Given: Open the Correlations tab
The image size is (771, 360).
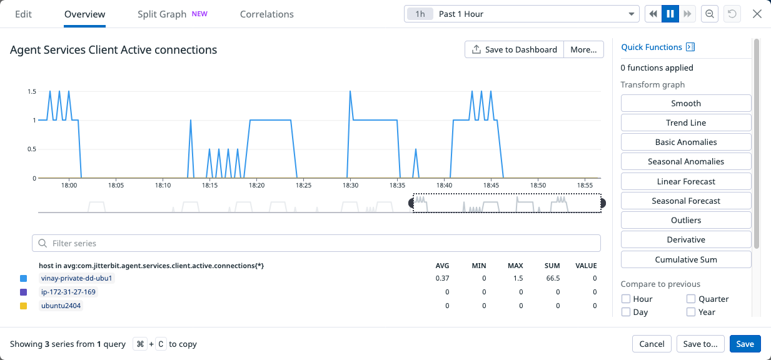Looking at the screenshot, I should tap(266, 14).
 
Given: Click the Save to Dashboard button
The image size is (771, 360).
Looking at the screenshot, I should tap(514, 49).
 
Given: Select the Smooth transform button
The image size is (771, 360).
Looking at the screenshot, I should tap(685, 103).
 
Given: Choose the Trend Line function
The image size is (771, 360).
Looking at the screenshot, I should tap(685, 122).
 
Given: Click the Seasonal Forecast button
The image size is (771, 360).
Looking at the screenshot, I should tap(685, 201).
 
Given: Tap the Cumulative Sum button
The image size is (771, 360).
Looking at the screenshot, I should tap(685, 259).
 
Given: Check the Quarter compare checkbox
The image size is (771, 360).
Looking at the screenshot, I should tap(691, 299).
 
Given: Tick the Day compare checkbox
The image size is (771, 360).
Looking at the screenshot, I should tap(626, 312).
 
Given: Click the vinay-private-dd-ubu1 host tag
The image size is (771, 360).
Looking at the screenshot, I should tap(76, 278).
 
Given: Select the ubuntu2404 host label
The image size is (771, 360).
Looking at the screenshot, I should tap(61, 306).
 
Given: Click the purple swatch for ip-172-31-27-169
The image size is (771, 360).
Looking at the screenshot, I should tap(24, 292).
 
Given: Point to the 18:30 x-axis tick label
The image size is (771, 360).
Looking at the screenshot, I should tap(350, 186).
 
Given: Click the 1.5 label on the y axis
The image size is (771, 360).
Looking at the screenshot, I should tap(31, 92).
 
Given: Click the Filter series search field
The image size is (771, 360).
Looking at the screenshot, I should tap(316, 243).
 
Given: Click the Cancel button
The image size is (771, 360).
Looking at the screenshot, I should tap(652, 344).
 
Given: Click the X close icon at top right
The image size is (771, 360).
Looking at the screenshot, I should tap(757, 14).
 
